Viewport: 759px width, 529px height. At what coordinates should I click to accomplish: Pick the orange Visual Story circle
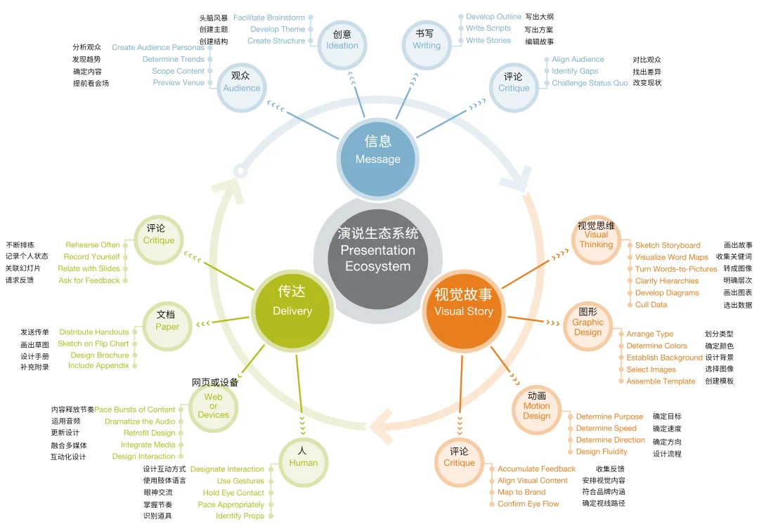pos(463,303)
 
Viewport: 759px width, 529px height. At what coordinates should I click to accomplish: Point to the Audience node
pos(241,83)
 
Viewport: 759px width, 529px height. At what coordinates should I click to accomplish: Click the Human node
pos(303,458)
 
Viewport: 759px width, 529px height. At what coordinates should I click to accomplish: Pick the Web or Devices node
pos(214,405)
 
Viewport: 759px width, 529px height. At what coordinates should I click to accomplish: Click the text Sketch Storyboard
pos(668,245)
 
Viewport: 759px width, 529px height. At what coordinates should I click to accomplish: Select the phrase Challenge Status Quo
pos(590,83)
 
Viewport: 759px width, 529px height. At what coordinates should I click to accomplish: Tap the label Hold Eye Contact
pos(233,493)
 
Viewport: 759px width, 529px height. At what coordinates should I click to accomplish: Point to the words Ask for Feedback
pos(89,280)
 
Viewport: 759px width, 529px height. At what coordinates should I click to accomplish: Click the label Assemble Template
pos(661,381)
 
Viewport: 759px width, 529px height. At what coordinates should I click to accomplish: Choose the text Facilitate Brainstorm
pos(269,18)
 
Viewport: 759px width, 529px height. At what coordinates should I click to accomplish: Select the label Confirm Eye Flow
pos(528,504)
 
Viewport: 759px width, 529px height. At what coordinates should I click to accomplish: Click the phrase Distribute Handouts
pos(94,332)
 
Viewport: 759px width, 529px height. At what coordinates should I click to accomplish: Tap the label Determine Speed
pos(606,428)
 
